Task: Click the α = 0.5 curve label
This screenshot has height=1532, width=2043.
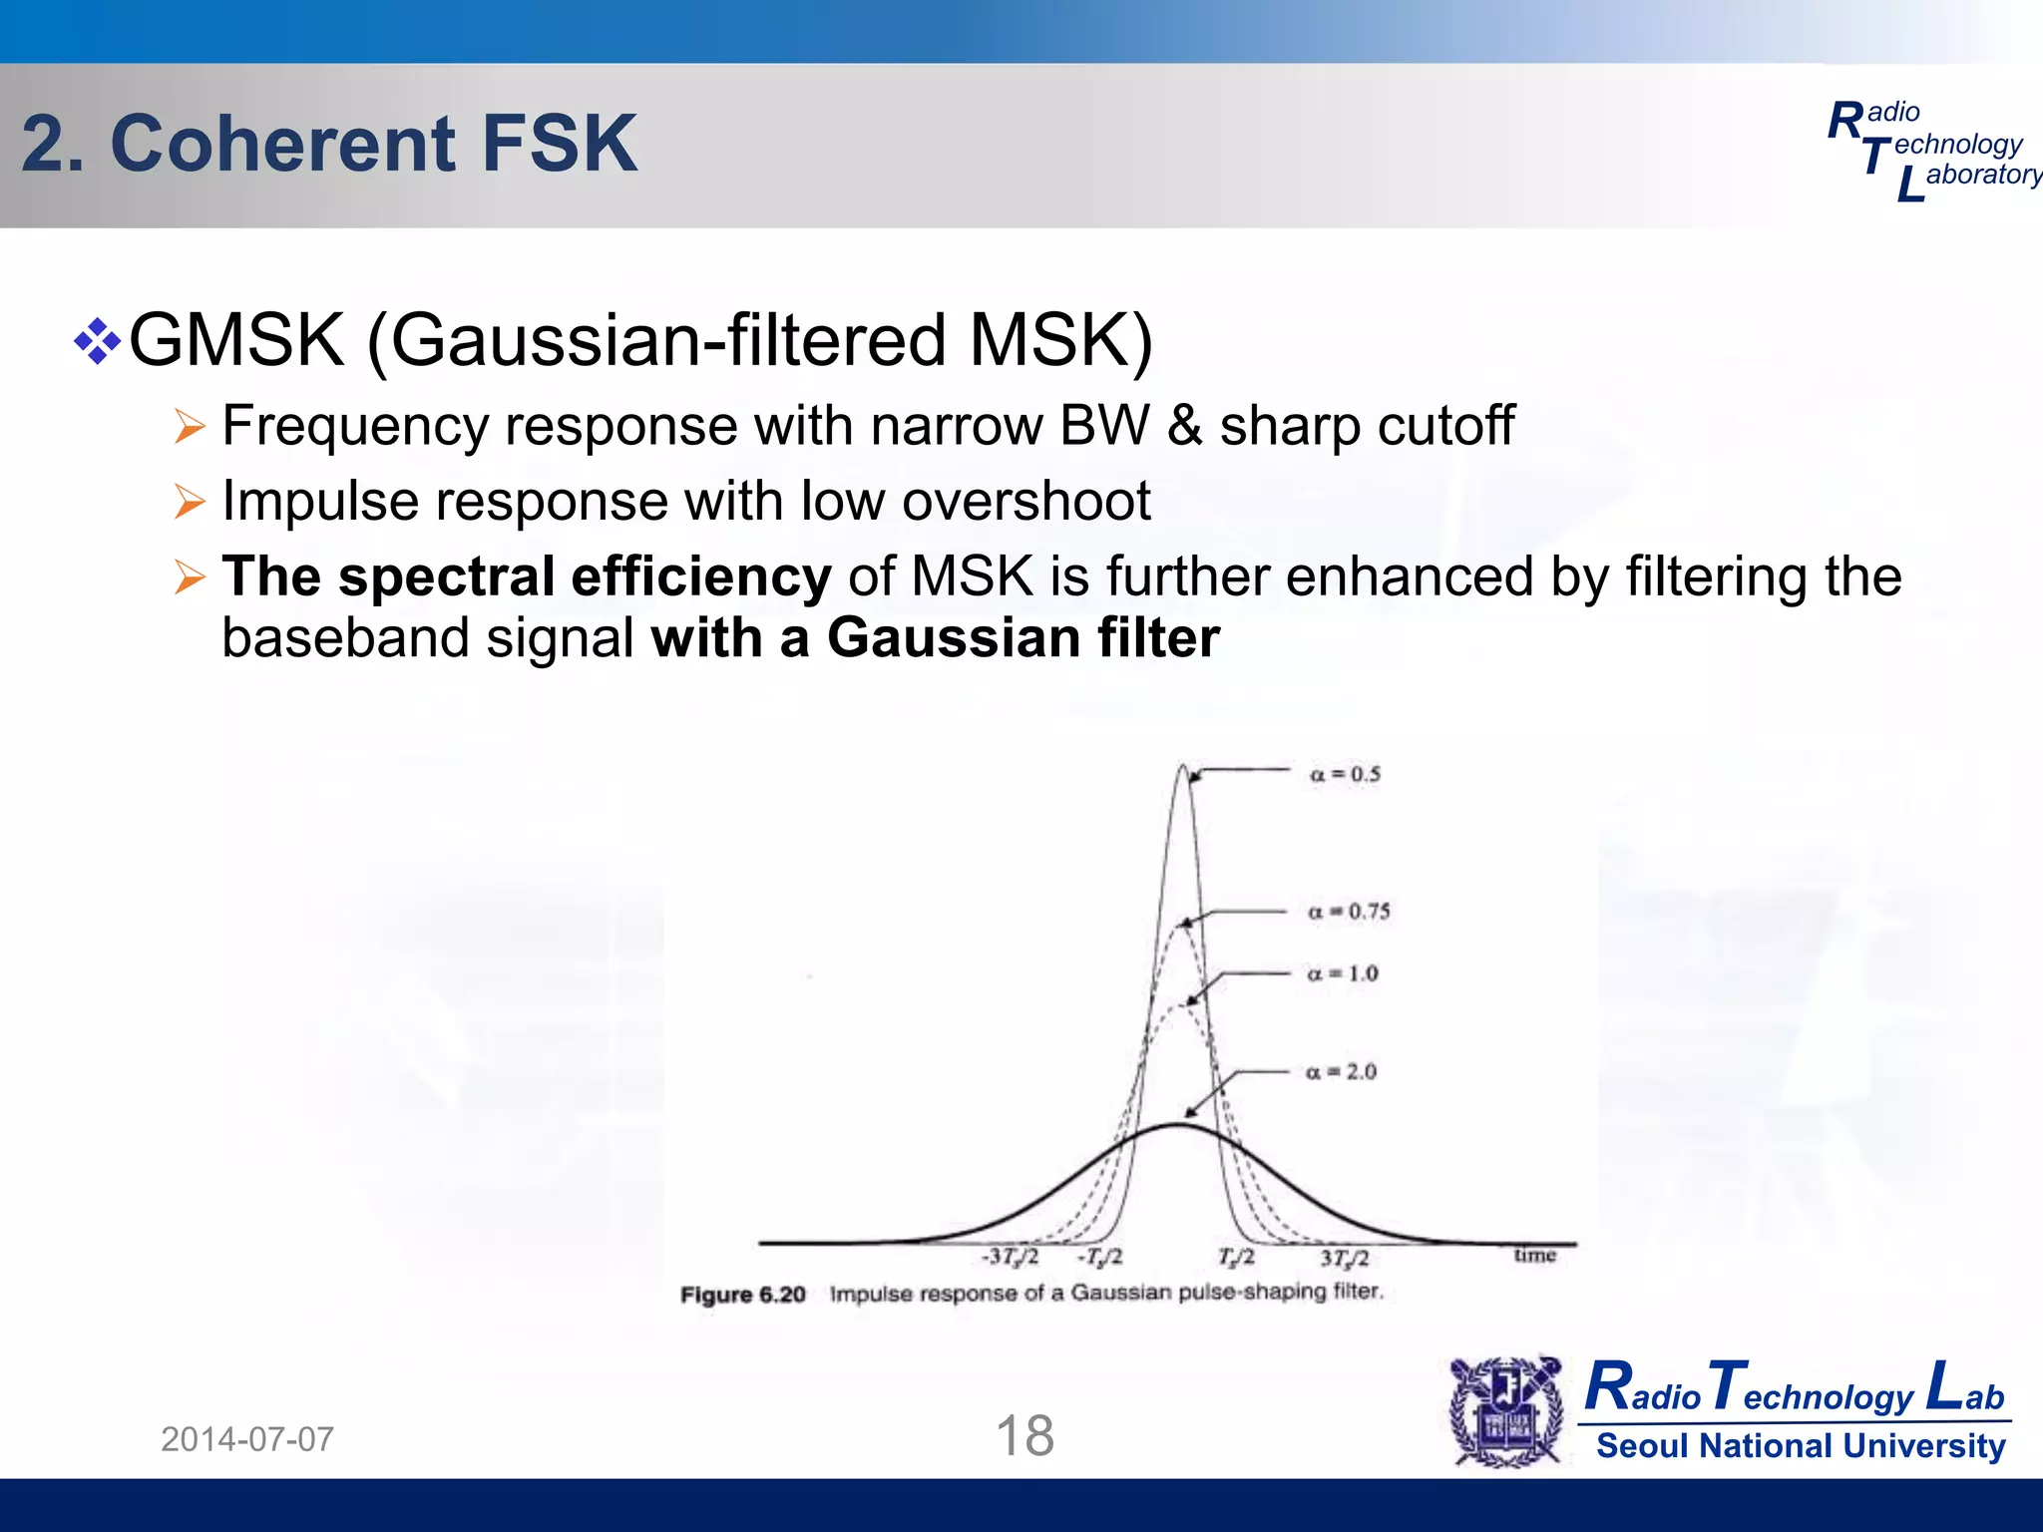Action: [1345, 774]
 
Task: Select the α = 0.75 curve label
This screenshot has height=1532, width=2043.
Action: [1349, 911]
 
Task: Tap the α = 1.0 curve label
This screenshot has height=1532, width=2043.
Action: [1343, 972]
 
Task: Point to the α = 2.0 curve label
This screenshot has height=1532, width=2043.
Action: [1341, 1071]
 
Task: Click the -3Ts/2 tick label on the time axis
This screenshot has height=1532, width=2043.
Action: [1010, 1257]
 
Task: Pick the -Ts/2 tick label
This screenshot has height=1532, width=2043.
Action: [1099, 1257]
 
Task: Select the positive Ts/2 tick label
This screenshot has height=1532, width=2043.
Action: [1236, 1257]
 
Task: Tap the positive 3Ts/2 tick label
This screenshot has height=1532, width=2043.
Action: [1344, 1258]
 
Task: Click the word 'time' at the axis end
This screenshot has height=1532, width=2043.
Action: [1534, 1255]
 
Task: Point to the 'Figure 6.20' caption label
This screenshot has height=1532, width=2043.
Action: [742, 1295]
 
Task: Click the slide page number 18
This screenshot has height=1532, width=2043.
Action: [1024, 1436]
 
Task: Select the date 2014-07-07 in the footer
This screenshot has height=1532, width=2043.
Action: [247, 1439]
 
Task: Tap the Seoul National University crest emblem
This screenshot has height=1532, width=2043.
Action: [1506, 1411]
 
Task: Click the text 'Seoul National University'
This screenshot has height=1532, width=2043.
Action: [1801, 1445]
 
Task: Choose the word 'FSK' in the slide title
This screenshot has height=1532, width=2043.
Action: [559, 144]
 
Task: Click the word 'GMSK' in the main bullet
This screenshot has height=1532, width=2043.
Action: [237, 340]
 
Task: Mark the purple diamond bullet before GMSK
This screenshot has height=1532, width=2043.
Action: [97, 341]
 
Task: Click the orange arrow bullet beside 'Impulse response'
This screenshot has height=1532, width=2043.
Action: [189, 501]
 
